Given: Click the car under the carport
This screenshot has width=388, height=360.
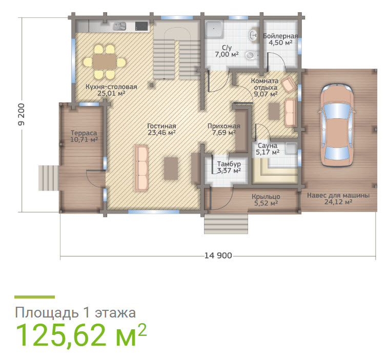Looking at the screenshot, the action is click(x=337, y=125).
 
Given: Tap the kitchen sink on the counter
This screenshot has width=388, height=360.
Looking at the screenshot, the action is click(x=119, y=26).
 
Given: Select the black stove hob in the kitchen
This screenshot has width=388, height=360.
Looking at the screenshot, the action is click(x=141, y=26).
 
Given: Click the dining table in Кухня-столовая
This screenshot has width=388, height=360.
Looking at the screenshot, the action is click(x=105, y=61).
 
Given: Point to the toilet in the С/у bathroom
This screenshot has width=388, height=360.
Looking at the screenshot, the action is click(x=252, y=55).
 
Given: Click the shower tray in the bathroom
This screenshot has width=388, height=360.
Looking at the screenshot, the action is click(x=214, y=29).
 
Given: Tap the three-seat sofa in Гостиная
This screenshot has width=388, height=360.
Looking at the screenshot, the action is click(x=141, y=168).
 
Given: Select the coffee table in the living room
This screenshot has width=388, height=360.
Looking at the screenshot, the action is click(x=171, y=168).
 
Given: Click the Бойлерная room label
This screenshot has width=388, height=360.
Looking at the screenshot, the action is click(x=280, y=36).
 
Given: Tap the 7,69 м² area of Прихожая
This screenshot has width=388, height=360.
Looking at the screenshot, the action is click(x=223, y=133).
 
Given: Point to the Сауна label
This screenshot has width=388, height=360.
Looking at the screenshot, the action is click(x=268, y=145).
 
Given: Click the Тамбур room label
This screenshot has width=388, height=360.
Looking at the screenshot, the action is click(x=229, y=164).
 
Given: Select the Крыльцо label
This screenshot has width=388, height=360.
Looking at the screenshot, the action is click(x=266, y=197).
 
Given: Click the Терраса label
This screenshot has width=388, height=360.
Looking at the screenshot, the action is click(x=84, y=133).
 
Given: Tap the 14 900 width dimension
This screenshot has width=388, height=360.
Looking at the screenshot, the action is click(x=218, y=256).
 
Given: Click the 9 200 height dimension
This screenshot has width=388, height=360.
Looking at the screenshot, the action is click(x=22, y=114).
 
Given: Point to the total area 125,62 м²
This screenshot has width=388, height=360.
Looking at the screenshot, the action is click(x=81, y=335).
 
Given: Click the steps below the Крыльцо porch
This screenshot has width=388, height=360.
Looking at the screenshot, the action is click(x=226, y=224).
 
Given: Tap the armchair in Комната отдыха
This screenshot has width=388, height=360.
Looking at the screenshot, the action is click(x=289, y=84).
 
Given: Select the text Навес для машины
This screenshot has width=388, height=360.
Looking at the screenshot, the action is click(x=338, y=195).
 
